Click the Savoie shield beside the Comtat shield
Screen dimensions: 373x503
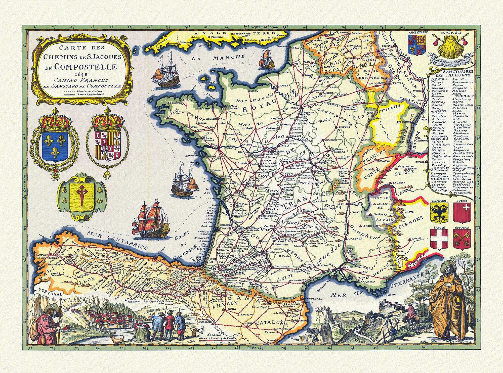point(439,239)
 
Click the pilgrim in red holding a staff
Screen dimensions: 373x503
point(47,327)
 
